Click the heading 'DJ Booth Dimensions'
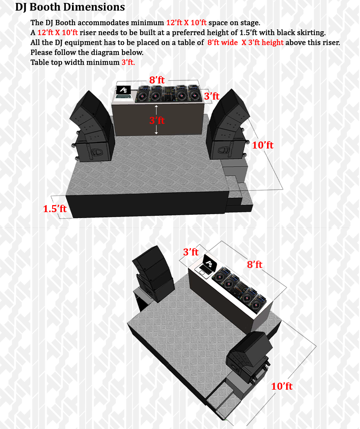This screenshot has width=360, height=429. (x=70, y=7)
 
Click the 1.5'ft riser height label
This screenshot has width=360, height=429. (x=55, y=209)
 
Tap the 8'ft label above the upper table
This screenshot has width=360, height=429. (x=157, y=80)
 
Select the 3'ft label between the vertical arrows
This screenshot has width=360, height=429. (x=157, y=120)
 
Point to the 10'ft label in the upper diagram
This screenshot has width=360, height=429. (x=262, y=145)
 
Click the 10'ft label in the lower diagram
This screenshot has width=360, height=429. (x=281, y=386)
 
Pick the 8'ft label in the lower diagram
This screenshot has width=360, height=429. (x=255, y=265)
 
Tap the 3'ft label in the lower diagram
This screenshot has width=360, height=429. (x=191, y=252)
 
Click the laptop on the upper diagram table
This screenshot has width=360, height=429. (x=123, y=92)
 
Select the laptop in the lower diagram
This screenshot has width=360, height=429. (x=207, y=266)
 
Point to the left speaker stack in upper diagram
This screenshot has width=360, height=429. (x=91, y=126)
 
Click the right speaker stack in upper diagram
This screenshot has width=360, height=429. (x=228, y=125)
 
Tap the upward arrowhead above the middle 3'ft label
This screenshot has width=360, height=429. (x=156, y=107)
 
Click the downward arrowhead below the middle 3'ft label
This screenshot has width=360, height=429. (x=156, y=133)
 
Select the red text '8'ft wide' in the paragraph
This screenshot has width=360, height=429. (x=223, y=42)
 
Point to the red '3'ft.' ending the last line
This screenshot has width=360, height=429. (x=128, y=62)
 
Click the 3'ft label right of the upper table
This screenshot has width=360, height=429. (x=212, y=96)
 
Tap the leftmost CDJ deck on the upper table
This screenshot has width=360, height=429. (x=142, y=94)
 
